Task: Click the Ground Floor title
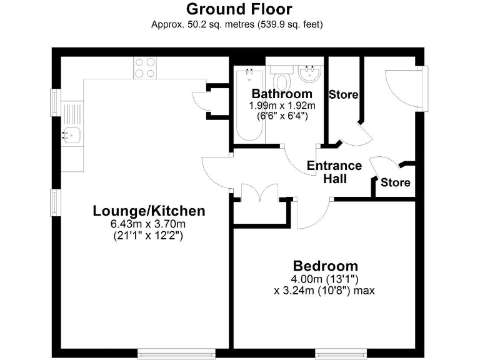point(239,9)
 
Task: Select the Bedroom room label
point(326,266)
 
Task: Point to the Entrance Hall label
point(334,172)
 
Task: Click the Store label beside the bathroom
point(344,95)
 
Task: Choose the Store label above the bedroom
point(396,182)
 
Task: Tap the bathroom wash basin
point(309,75)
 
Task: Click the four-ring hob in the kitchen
point(145,67)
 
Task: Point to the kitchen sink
point(71,133)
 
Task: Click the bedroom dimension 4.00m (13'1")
point(324,279)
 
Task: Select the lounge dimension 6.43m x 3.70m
point(149,224)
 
